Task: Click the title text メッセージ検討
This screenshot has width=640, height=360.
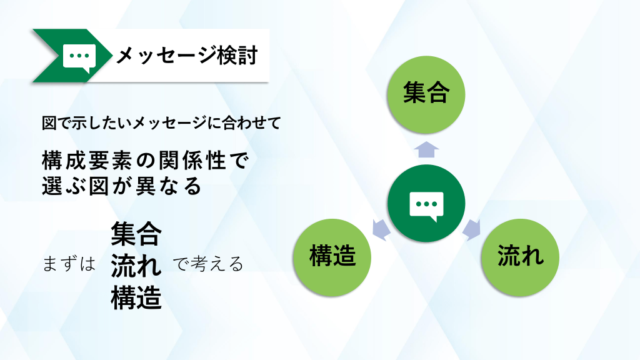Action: (187, 56)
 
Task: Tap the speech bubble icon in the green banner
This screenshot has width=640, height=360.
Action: (79, 57)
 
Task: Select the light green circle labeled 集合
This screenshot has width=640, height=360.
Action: (426, 95)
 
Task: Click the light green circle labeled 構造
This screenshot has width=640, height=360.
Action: (332, 257)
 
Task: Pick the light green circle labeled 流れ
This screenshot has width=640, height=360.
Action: (520, 257)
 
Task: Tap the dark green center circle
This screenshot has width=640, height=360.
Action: (426, 203)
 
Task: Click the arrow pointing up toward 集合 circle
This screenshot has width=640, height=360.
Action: (426, 149)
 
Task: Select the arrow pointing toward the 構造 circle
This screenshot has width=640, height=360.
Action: (381, 230)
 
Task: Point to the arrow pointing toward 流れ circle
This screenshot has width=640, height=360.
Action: (472, 230)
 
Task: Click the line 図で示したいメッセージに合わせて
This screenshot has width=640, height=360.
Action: (162, 123)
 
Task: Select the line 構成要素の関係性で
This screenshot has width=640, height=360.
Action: (145, 160)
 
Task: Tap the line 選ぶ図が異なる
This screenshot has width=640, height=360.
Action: (122, 186)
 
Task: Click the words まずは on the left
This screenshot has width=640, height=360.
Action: (69, 264)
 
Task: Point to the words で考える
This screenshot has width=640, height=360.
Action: (208, 264)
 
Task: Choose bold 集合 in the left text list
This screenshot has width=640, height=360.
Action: (136, 234)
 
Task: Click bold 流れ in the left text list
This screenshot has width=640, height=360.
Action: (136, 266)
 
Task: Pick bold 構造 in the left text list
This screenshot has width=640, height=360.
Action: (136, 298)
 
